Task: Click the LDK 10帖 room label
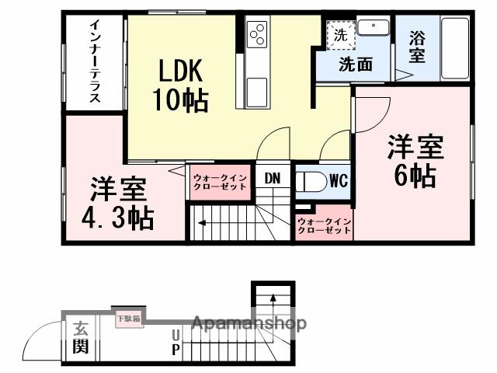point(182,85)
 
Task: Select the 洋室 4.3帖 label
point(118,204)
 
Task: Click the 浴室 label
point(417,46)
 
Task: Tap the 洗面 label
point(355,64)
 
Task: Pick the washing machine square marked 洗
point(340,35)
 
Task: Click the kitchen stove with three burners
point(257,34)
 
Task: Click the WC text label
point(338,181)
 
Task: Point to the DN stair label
point(272,179)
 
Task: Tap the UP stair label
point(176,342)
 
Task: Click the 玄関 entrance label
point(80,338)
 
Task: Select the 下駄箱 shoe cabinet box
point(128,318)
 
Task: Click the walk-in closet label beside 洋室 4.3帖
point(221,182)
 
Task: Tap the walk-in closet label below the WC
point(325,227)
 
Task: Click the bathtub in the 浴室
point(454,48)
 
